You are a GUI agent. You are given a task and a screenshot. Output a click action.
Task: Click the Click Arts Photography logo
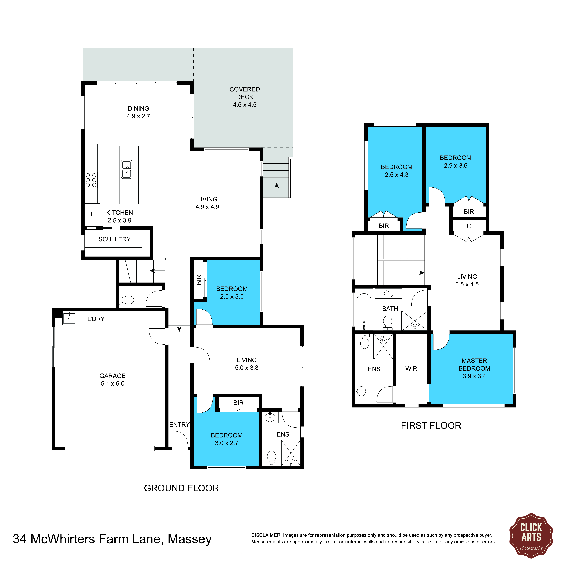click(531, 536)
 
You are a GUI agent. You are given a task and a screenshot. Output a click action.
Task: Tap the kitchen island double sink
click(127, 169)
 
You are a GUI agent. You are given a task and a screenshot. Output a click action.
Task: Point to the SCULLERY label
click(114, 239)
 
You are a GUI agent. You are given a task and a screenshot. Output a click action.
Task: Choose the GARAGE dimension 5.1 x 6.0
click(112, 383)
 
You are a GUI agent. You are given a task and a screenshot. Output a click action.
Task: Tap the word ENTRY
click(179, 425)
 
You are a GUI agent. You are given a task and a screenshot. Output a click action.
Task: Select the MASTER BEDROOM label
click(474, 365)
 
